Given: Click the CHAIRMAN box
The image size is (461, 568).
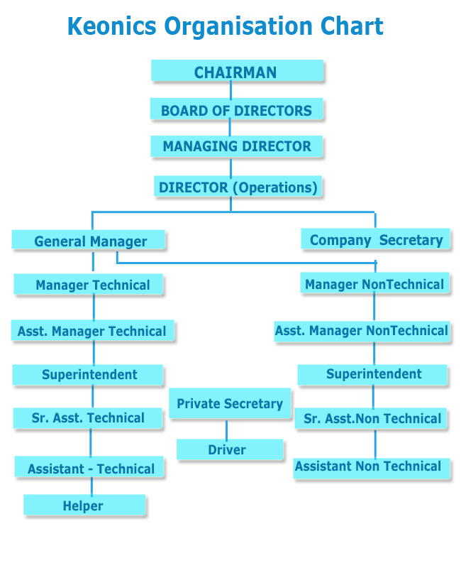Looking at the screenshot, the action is pyautogui.click(x=237, y=70).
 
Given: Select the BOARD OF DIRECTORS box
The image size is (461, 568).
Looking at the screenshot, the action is pyautogui.click(x=236, y=109).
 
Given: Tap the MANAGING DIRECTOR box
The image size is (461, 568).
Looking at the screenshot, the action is pyautogui.click(x=236, y=146).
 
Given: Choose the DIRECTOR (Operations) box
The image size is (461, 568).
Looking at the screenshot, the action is pyautogui.click(x=238, y=187).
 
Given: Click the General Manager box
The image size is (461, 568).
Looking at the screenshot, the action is pyautogui.click(x=88, y=240).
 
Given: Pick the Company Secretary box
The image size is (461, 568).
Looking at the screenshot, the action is pyautogui.click(x=375, y=239).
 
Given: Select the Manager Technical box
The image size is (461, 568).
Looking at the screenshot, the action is pyautogui.click(x=88, y=285).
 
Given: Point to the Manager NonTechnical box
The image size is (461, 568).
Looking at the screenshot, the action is pyautogui.click(x=374, y=283).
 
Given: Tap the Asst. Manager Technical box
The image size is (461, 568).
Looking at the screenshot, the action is pyautogui.click(x=93, y=330).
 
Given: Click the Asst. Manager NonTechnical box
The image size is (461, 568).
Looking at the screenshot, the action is pyautogui.click(x=362, y=332).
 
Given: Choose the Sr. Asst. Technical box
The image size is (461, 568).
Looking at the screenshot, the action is pyautogui.click(x=87, y=418).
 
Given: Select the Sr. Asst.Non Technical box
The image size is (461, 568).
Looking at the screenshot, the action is pyautogui.click(x=370, y=419).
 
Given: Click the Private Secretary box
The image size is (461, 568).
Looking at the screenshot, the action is pyautogui.click(x=230, y=403).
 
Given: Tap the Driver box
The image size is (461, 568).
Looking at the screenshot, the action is pyautogui.click(x=230, y=449).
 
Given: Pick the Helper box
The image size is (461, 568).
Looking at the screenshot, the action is pyautogui.click(x=84, y=505).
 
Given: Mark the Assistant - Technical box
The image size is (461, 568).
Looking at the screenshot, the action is pyautogui.click(x=89, y=467).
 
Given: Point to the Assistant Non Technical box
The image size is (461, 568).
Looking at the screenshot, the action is pyautogui.click(x=371, y=469).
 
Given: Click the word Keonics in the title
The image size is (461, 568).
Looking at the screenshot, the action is pyautogui.click(x=112, y=26).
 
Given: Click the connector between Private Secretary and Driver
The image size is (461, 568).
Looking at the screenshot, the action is pyautogui.click(x=227, y=430).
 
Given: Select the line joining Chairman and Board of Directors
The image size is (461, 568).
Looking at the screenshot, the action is pyautogui.click(x=231, y=90).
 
